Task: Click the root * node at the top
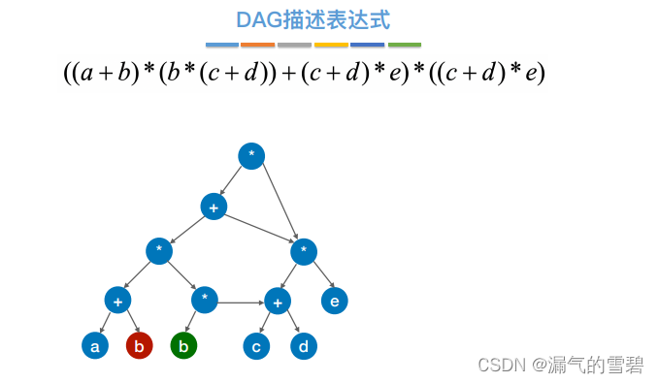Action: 251,156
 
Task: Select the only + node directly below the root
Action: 214,207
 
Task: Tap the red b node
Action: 139,346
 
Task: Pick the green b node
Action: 183,346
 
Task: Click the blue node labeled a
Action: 94,346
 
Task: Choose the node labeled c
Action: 256,346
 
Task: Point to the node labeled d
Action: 303,346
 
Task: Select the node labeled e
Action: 334,301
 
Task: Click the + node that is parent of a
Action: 117,301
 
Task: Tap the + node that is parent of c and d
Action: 278,301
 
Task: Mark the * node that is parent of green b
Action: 205,300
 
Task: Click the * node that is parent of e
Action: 304,252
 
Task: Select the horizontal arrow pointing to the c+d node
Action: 240,303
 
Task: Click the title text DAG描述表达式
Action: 313,20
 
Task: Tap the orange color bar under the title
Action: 257,45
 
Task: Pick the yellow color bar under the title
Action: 331,45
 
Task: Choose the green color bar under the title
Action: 405,45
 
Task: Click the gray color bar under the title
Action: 294,45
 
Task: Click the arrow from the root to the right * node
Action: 280,202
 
